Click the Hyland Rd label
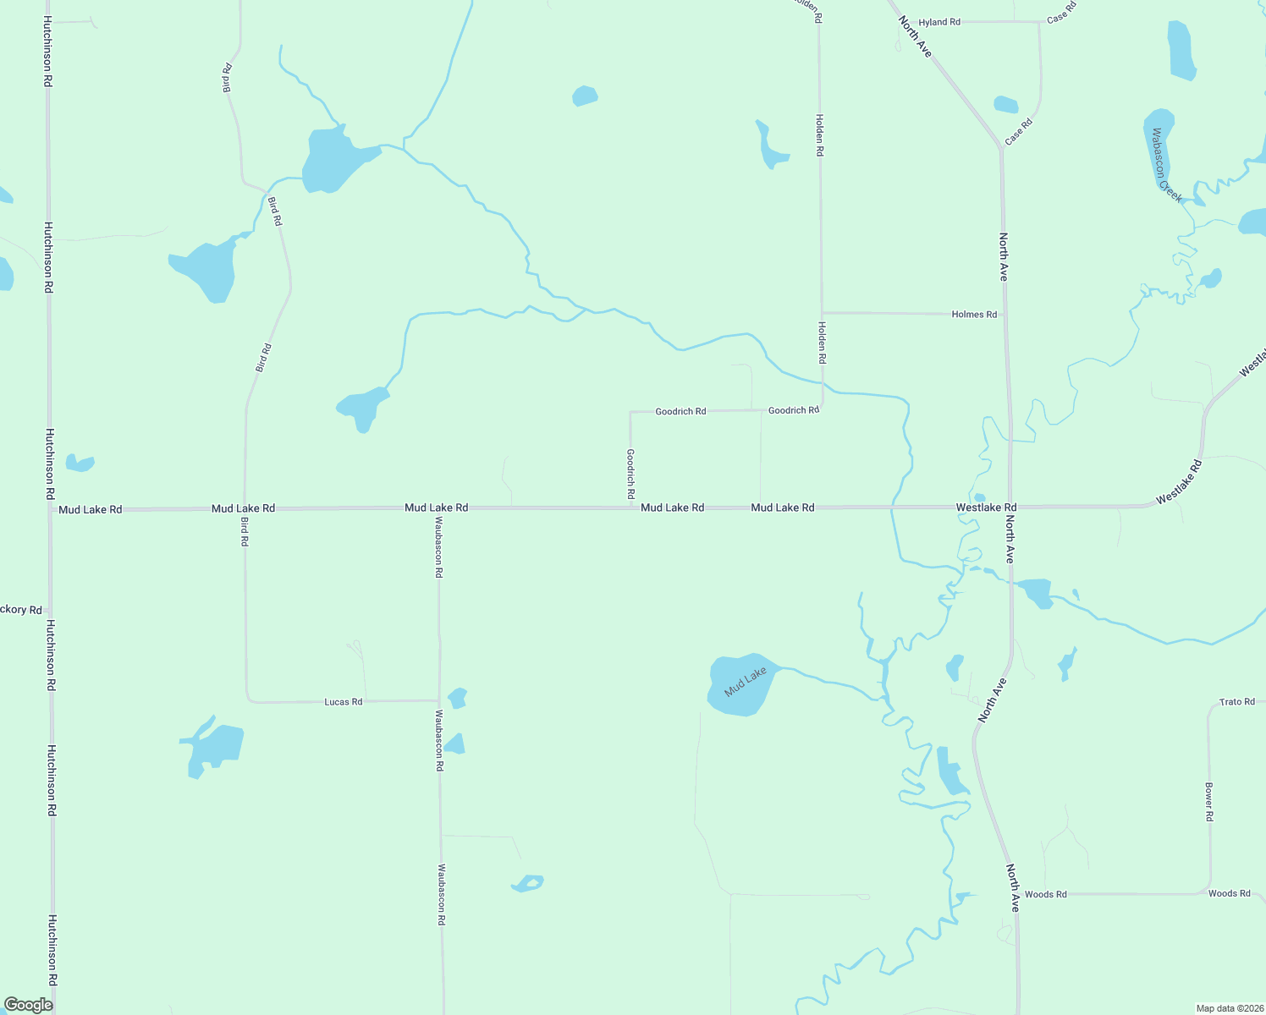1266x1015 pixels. coord(939,22)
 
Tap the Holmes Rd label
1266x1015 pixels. coord(974,315)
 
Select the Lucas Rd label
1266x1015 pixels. coord(343,702)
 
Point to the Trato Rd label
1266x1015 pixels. coord(1236,702)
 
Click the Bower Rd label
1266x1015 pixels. coord(1209,802)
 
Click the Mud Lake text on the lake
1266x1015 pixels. coord(746,682)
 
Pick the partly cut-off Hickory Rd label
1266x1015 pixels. coord(20,610)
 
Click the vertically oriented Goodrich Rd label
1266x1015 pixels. coord(630,473)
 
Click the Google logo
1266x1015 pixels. coord(28,1005)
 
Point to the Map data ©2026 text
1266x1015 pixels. coord(1228,1008)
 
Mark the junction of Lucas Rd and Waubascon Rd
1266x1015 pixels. coord(438,701)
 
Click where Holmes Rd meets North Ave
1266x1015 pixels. coord(1005,315)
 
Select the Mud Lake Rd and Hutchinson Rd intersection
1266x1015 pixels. coord(49,509)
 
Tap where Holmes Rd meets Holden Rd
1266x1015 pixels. coord(822,313)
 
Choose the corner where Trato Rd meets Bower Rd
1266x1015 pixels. coord(1209,705)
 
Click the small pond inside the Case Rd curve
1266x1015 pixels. coord(1005,105)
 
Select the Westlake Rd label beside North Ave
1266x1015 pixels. coord(986,507)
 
